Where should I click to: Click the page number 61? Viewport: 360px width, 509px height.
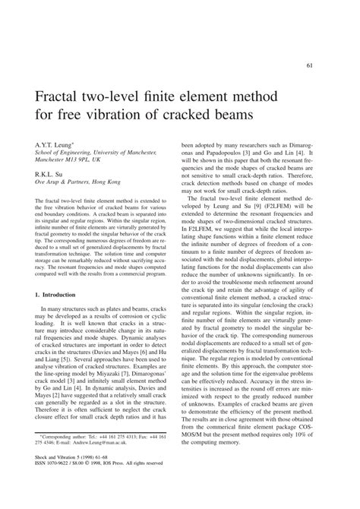tap(330, 66)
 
